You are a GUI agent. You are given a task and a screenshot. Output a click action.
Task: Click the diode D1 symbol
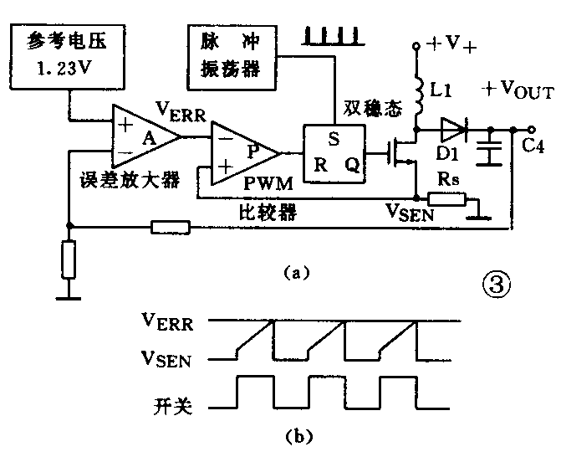[451, 129]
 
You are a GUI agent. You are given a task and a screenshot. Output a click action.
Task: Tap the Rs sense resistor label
[446, 175]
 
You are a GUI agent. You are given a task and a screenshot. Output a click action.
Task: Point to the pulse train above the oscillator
[334, 35]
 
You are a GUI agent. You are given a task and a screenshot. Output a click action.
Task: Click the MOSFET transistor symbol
[401, 152]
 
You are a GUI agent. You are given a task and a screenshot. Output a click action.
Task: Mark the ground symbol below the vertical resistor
[69, 294]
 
